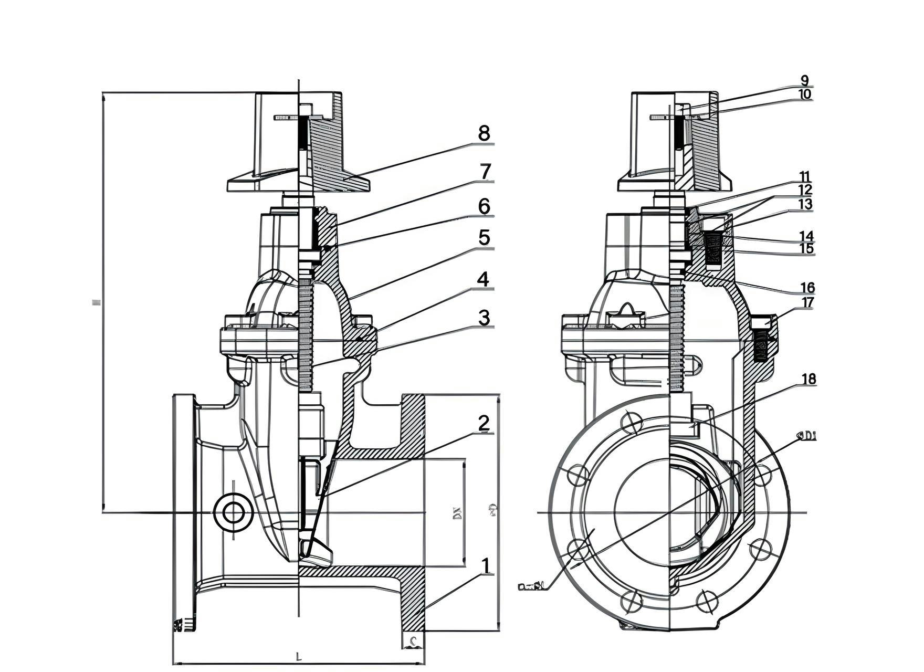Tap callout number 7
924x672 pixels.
(485, 172)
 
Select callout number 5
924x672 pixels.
(484, 238)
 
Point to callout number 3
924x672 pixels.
(484, 318)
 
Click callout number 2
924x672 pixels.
(484, 423)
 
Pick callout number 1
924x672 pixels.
(486, 566)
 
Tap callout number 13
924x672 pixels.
(805, 204)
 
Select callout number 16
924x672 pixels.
(807, 287)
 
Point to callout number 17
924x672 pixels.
(807, 302)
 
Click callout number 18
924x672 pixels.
(809, 379)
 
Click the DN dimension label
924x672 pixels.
(457, 513)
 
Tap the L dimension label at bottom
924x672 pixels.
(298, 656)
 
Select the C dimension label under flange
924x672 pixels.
(414, 641)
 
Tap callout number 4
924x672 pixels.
(484, 279)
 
